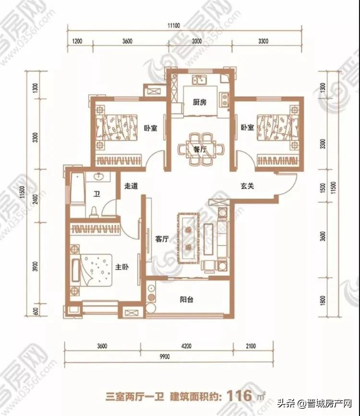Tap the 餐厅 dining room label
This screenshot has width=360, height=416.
click(200, 149)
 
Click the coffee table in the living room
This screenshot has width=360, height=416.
click(189, 238)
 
